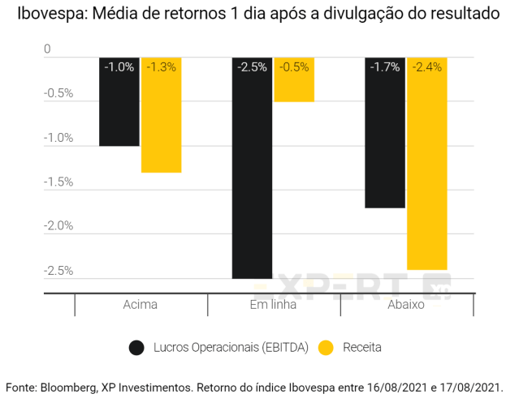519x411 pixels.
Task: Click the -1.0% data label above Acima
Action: pos(119,67)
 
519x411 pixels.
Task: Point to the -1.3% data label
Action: pos(161,67)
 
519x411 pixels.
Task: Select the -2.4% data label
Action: pos(427,67)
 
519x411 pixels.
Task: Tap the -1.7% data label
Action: pos(385,67)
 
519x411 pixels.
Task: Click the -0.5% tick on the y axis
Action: pos(58,93)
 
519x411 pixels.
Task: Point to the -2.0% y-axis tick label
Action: pos(58,226)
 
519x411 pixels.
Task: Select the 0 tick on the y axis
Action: pos(47,49)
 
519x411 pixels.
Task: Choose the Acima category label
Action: pos(141,306)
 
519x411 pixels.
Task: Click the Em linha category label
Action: pos(273,306)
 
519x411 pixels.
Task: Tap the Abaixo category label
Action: pos(406,306)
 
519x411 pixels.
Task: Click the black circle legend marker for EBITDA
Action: pos(136,348)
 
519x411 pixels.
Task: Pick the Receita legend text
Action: pos(361,348)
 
